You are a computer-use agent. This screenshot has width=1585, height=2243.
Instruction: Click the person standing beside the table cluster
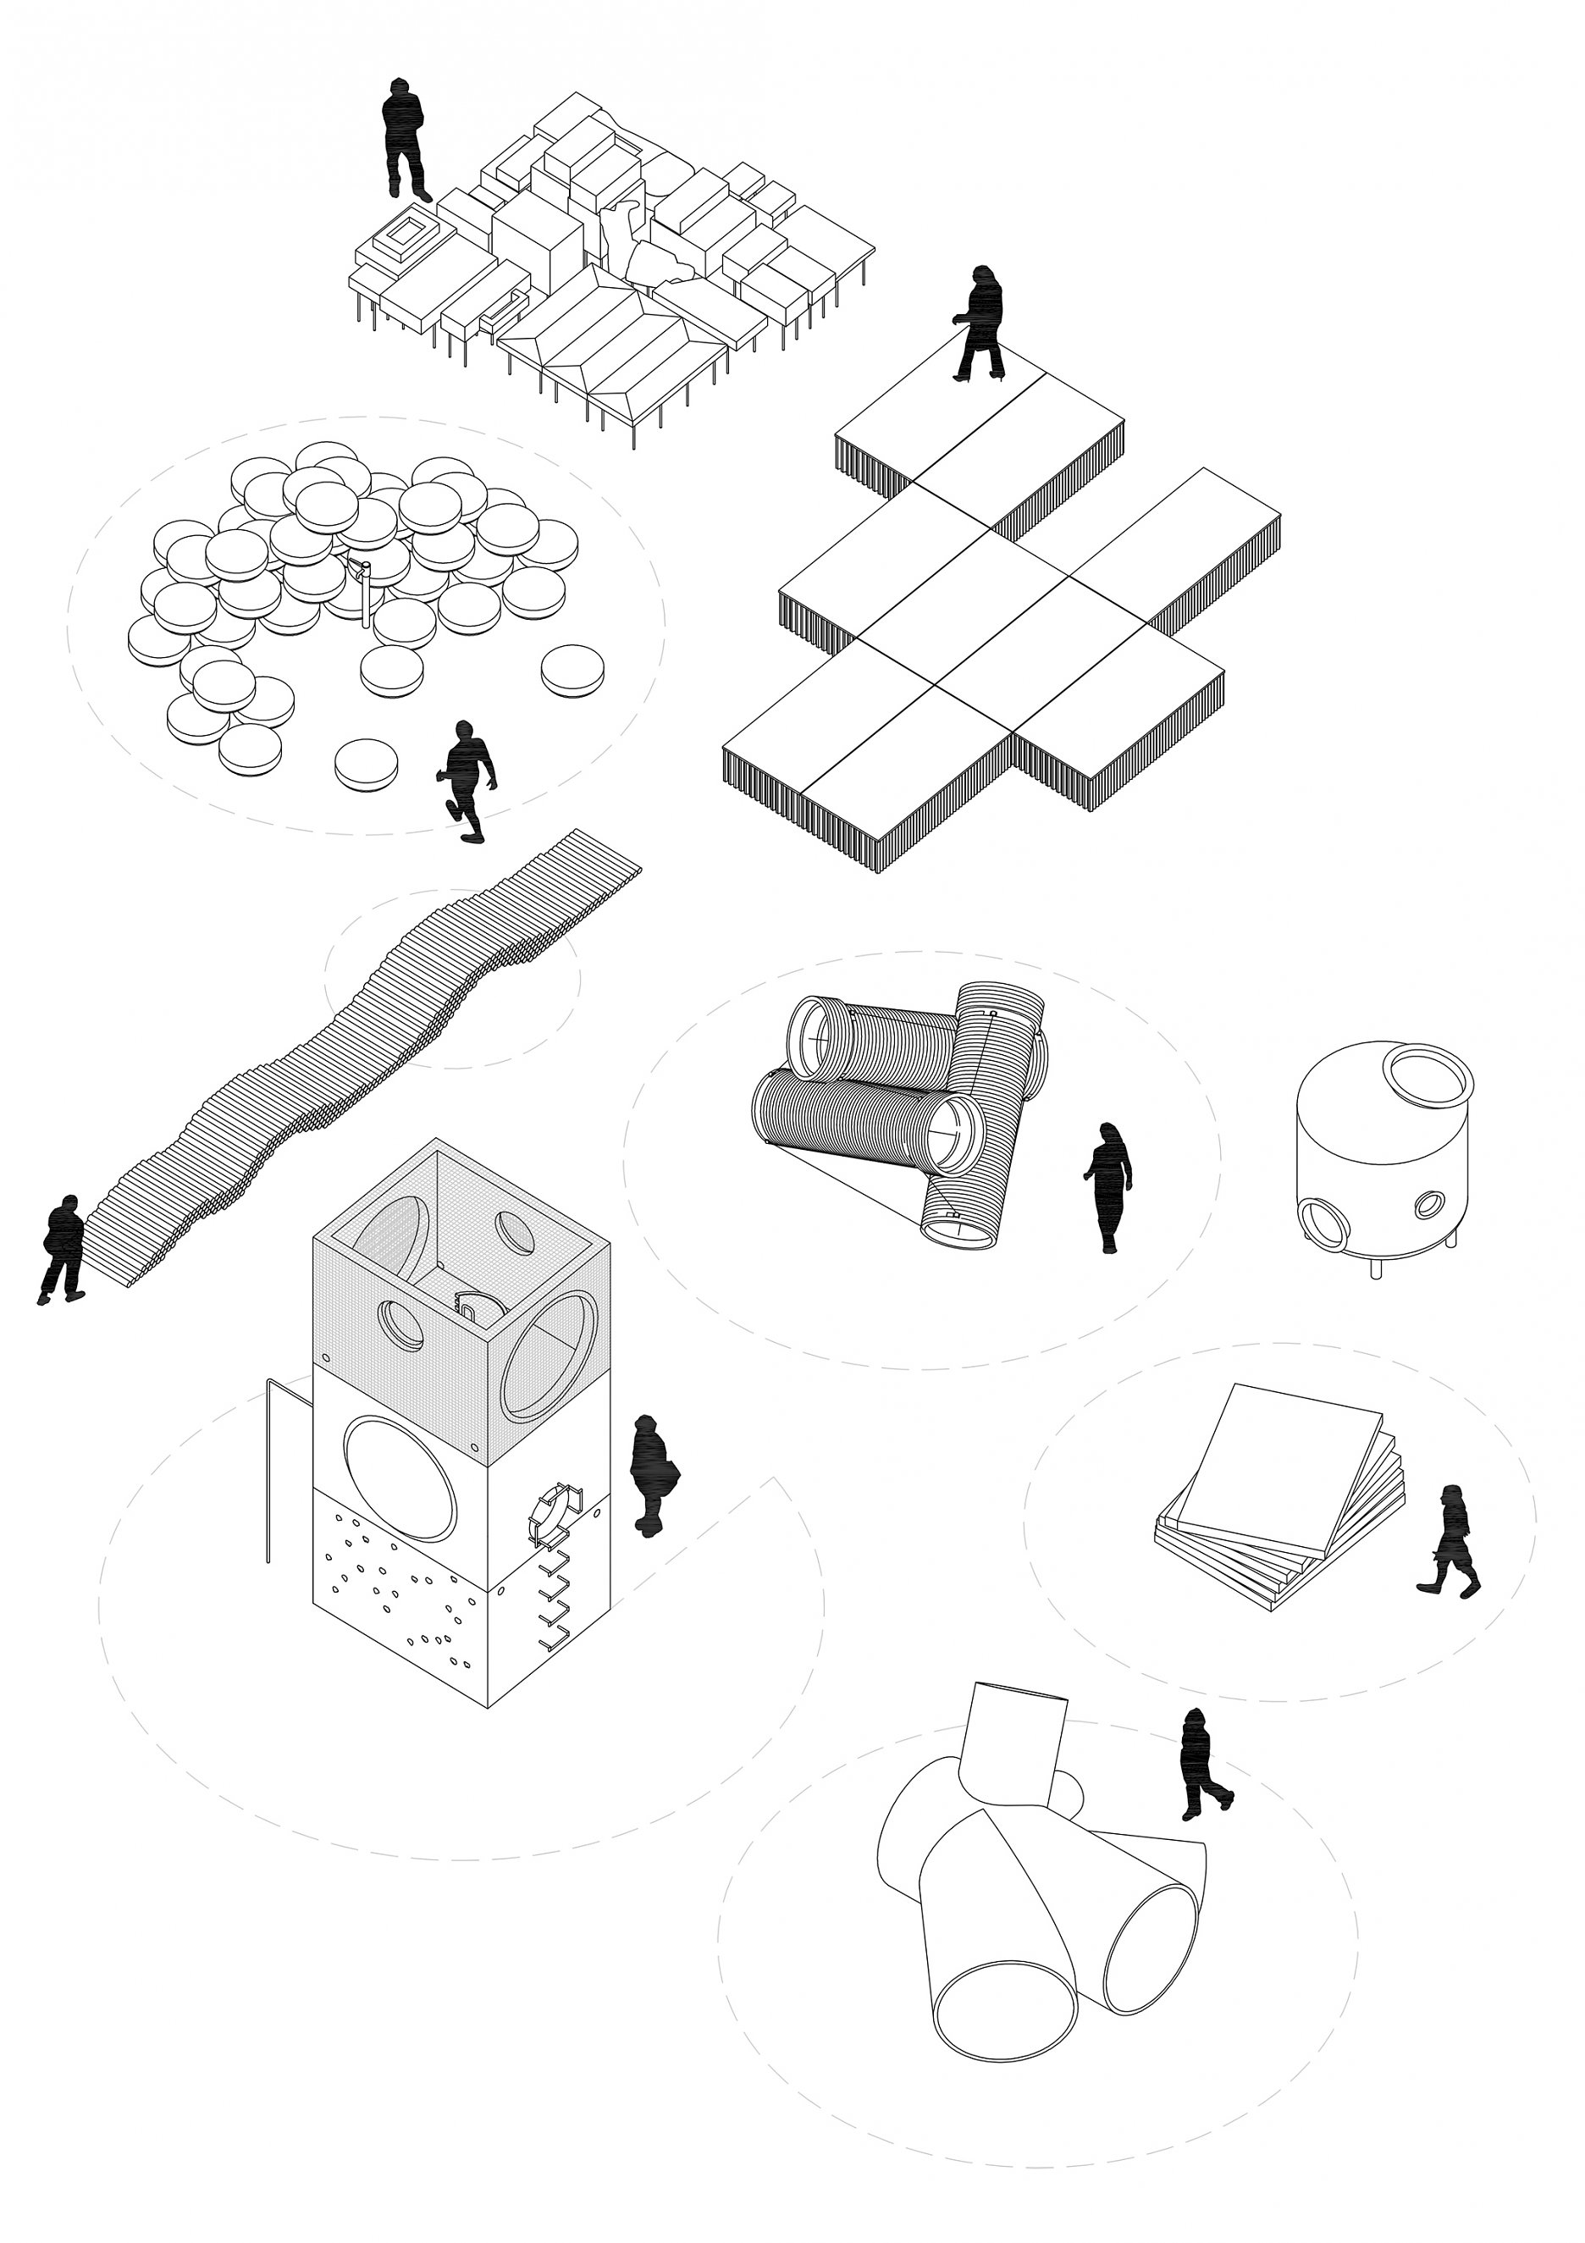coord(403,141)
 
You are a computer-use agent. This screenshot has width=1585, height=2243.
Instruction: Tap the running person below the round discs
coord(467,780)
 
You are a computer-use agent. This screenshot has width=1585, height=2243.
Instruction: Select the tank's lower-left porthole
coord(1324,1221)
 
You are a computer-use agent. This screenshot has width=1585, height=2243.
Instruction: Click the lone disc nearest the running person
coord(367,763)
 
